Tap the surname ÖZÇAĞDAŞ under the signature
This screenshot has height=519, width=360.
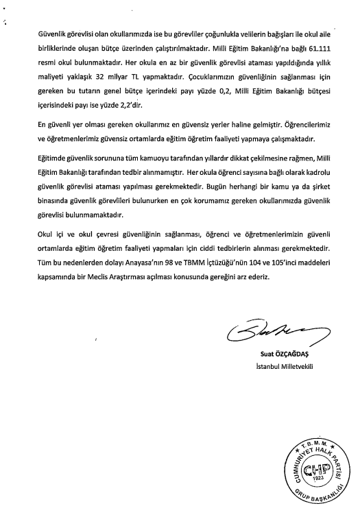pyautogui.click(x=297, y=355)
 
